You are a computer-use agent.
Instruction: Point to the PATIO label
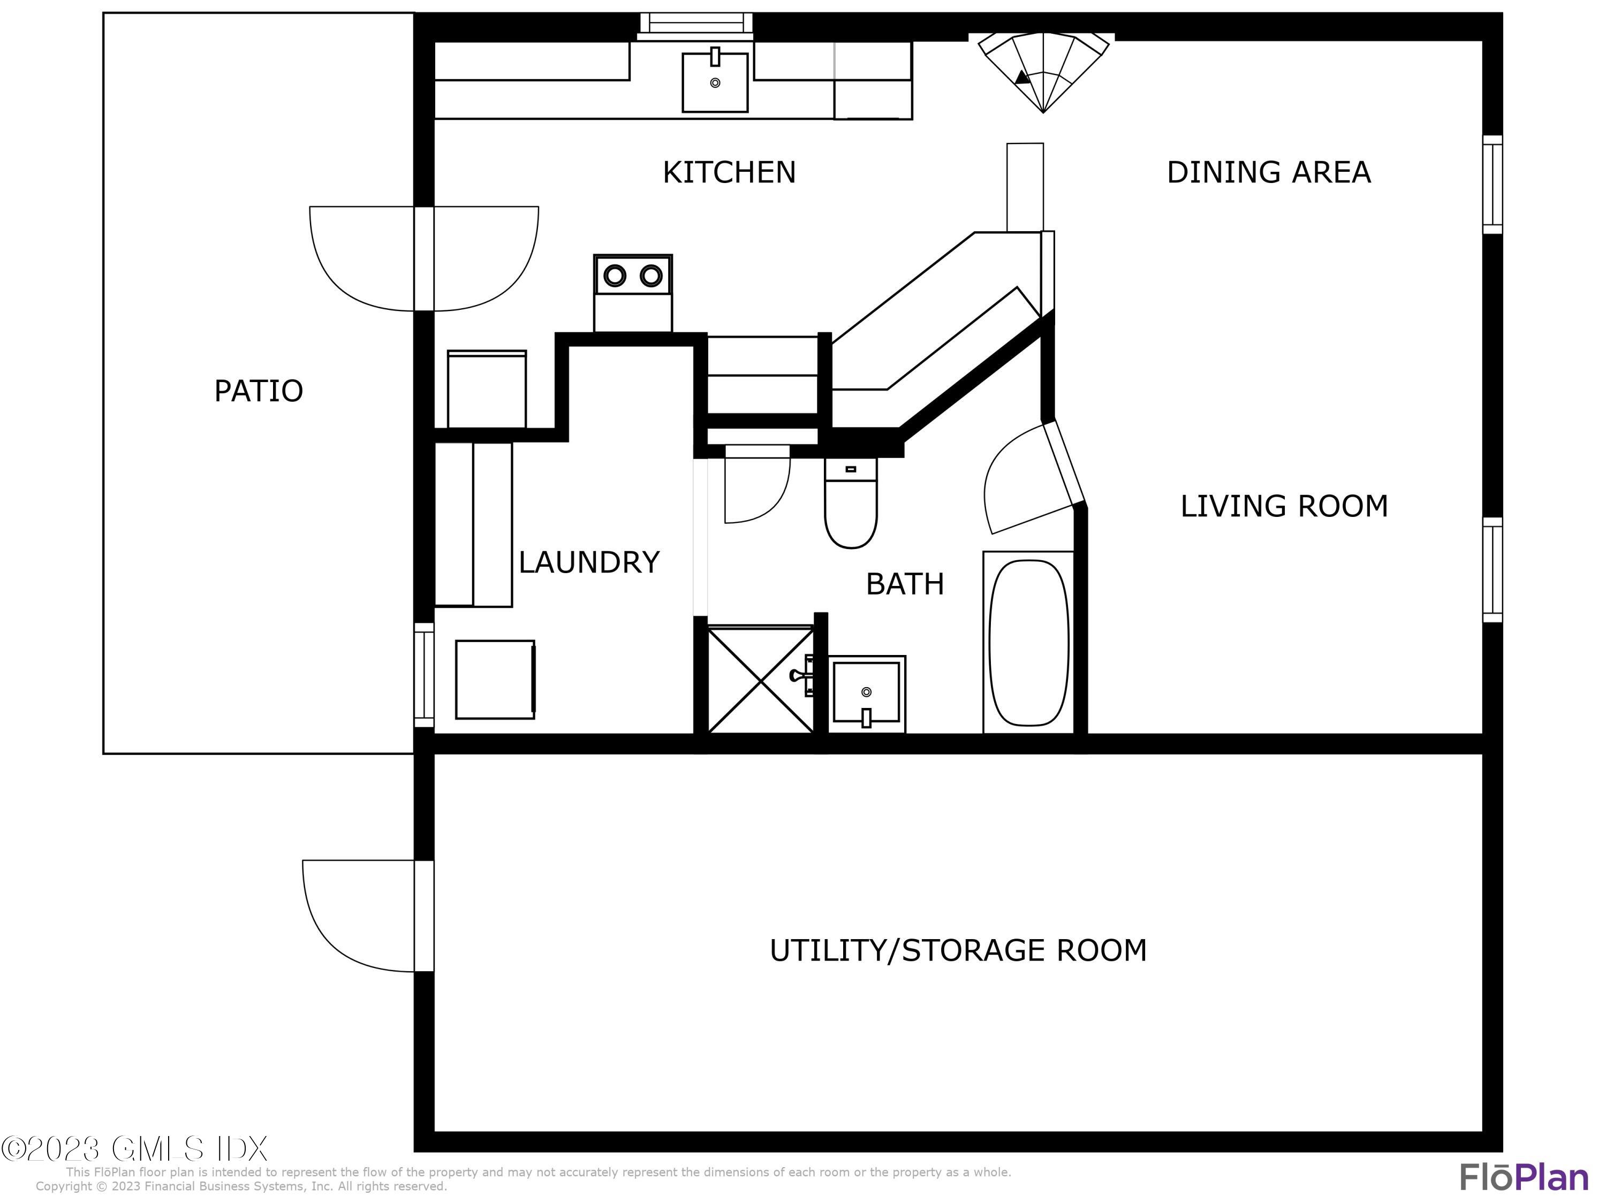coord(259,391)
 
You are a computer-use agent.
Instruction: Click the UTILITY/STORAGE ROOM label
coord(958,951)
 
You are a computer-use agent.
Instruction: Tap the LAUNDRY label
coord(589,562)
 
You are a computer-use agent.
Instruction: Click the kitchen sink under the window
coord(715,82)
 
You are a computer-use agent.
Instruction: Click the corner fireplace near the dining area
coord(1043,69)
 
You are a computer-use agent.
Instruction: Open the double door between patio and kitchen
coord(424,259)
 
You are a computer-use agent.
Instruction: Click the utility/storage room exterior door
coord(423,916)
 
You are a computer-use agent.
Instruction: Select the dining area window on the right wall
coord(1492,184)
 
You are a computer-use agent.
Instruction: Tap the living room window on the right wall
coord(1492,570)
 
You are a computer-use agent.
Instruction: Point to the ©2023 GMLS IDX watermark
coord(135,1149)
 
